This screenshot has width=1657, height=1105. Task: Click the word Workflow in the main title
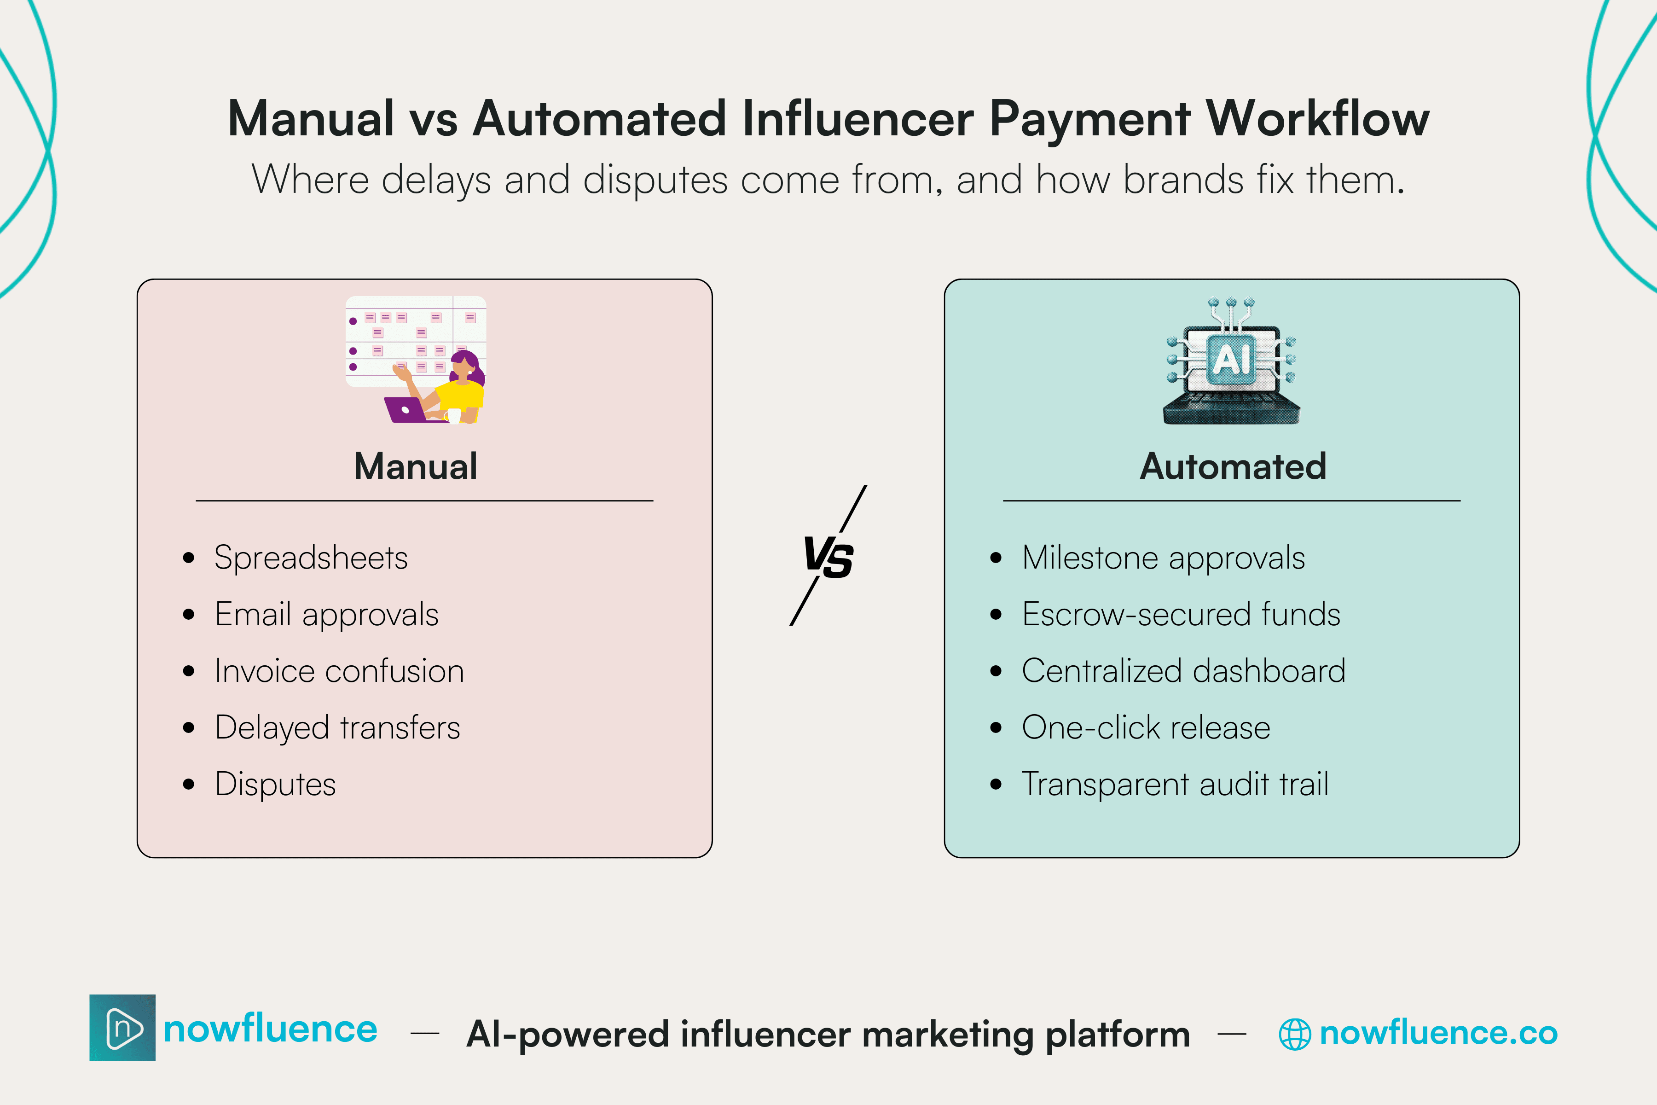(x=1317, y=118)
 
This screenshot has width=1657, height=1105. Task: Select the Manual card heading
(x=416, y=466)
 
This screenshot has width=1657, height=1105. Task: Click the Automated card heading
(x=1233, y=466)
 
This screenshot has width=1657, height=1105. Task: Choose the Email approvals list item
(x=327, y=615)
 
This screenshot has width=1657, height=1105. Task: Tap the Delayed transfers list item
(x=337, y=728)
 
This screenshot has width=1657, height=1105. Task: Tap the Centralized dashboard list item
(x=1183, y=671)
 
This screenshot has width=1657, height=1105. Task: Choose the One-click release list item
(x=1146, y=728)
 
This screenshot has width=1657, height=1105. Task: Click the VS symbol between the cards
(x=828, y=557)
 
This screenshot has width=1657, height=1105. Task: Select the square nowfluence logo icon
(x=122, y=1028)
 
